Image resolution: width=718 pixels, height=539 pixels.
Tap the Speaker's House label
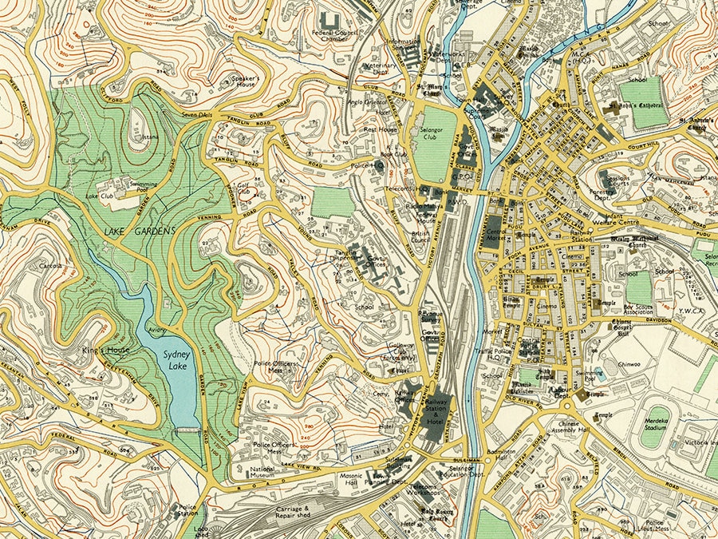pos(243,81)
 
